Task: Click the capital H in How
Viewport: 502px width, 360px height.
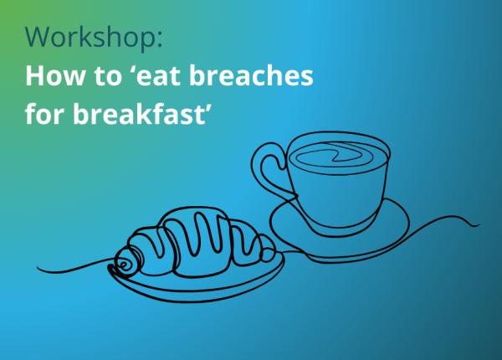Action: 34,77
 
